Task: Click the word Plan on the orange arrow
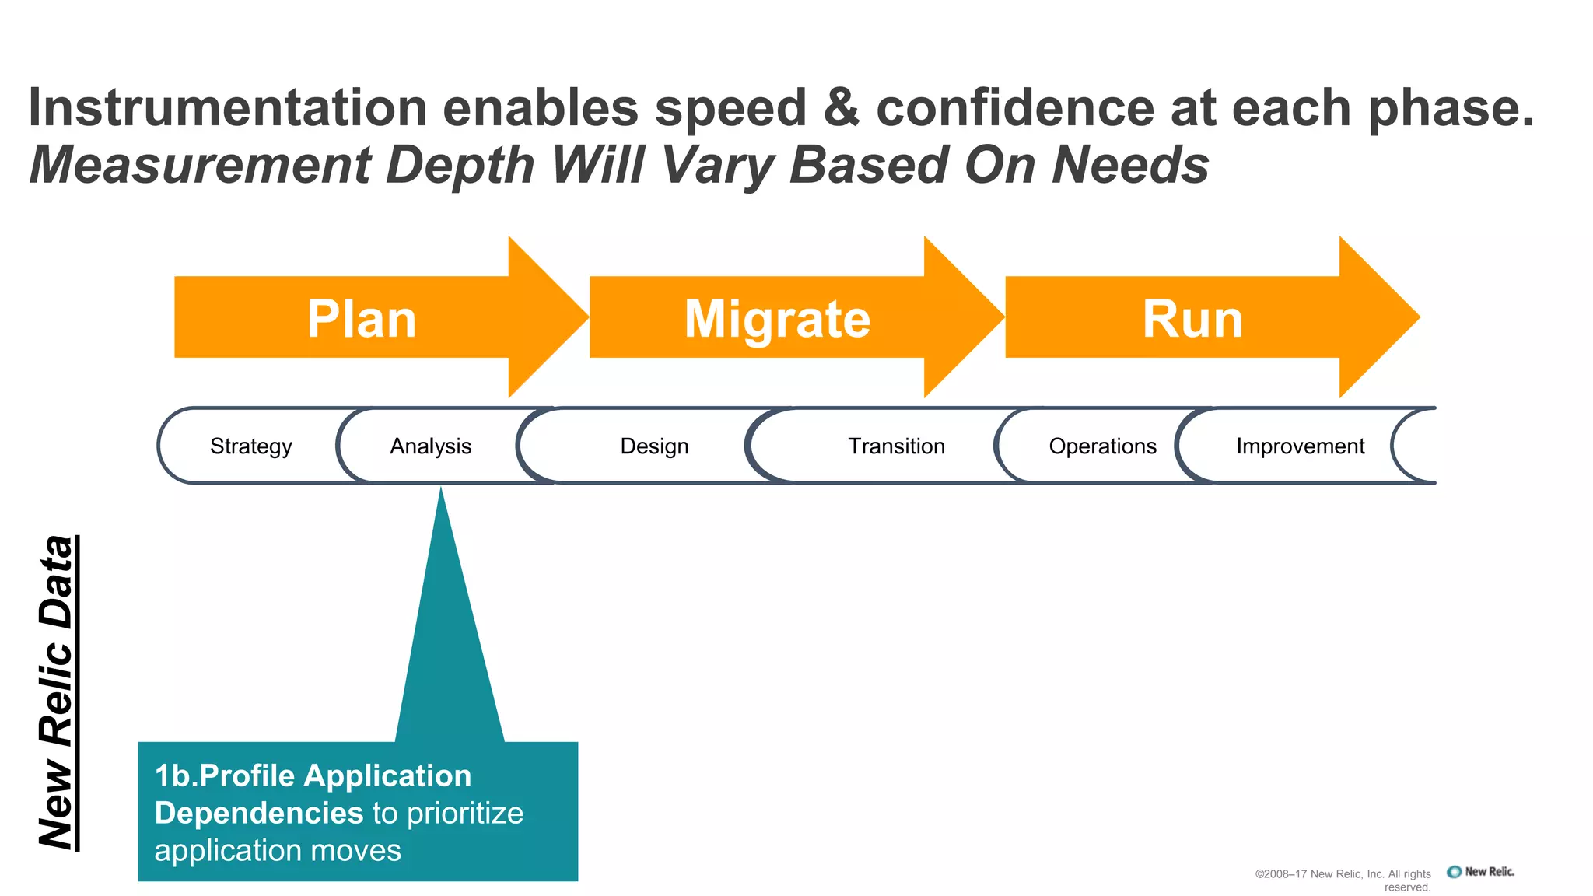click(362, 319)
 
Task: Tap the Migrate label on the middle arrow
click(777, 319)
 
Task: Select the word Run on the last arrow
click(1192, 319)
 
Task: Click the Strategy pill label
click(250, 446)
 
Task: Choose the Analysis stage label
click(430, 446)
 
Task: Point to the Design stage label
click(654, 446)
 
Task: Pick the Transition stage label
click(896, 446)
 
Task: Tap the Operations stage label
click(1102, 446)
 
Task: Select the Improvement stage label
click(1300, 446)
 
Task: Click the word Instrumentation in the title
click(227, 107)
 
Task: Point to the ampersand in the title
click(841, 107)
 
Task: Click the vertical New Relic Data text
click(57, 692)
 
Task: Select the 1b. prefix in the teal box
click(175, 775)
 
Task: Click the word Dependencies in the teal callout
click(259, 813)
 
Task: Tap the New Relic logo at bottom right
click(1480, 872)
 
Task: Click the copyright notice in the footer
click(1343, 880)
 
